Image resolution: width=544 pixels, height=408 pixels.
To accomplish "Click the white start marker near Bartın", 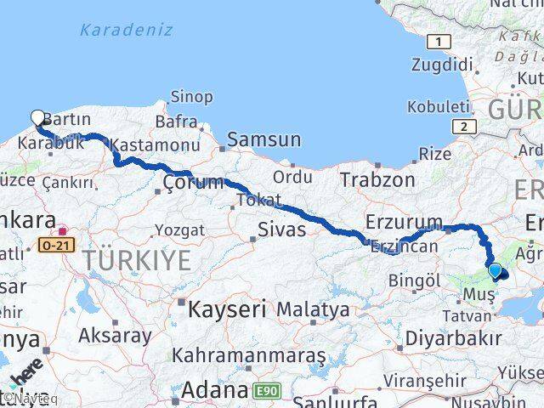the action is pos(37,118).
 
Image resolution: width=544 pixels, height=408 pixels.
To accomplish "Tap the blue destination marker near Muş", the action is pos(496,271).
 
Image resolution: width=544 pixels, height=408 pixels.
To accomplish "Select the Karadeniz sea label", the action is pos(126,31).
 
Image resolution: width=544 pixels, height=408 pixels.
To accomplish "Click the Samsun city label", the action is pos(263,139).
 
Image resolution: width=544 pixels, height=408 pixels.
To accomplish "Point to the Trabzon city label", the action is pos(377,180).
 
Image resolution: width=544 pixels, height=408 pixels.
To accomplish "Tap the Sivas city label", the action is pos(281,229).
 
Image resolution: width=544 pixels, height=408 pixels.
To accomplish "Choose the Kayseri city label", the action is pos(228,307).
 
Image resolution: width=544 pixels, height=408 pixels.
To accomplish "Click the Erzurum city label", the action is pos(404,223).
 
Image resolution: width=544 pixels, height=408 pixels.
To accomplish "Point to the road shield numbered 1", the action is pos(438,42).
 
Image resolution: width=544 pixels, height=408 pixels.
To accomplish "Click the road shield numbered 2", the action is pos(463,127).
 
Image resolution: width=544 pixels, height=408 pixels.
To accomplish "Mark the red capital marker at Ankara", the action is pos(62,230).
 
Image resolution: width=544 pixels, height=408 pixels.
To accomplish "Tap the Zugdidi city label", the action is pos(441,65).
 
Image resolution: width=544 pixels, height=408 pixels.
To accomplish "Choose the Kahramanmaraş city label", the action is pos(248,354).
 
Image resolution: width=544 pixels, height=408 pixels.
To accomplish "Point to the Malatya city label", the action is pos(312,309).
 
